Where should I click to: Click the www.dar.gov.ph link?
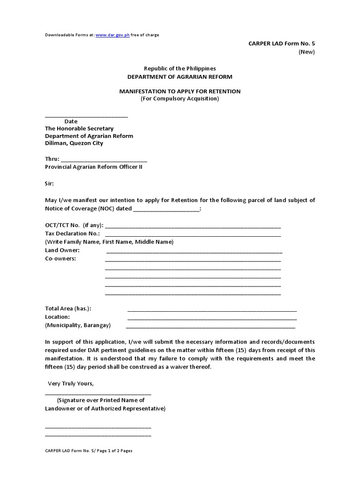coord(112,35)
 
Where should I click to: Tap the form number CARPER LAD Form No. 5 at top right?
coord(281,44)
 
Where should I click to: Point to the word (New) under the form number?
coord(307,52)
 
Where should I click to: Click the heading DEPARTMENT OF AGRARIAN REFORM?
coord(180,77)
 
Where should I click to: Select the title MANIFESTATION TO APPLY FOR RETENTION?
coord(180,91)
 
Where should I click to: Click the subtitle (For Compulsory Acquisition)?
coord(180,99)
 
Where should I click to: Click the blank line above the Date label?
coord(86,116)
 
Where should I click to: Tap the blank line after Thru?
coord(104,160)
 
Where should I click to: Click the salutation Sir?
coord(49,183)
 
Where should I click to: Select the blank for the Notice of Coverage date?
coord(166,210)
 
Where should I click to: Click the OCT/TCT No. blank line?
coord(193,226)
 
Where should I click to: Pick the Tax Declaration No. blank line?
coord(193,235)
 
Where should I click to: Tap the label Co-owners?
coord(60,259)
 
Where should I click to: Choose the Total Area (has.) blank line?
coord(212,310)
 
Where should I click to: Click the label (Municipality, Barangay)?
coord(78,325)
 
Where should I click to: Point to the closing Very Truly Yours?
coord(71,383)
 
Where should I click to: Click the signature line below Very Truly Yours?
coord(98,394)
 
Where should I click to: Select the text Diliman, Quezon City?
coord(74,143)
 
